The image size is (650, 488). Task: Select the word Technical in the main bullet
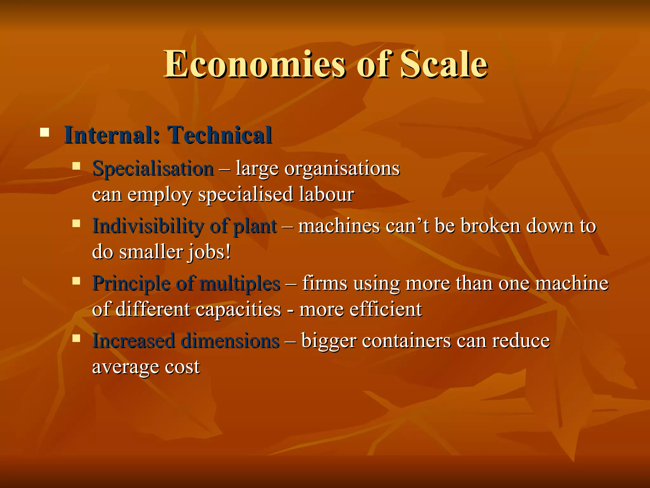pyautogui.click(x=219, y=135)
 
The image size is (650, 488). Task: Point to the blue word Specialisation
pyautogui.click(x=153, y=168)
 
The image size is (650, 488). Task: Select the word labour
pyautogui.click(x=327, y=194)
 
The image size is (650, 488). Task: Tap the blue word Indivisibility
pyautogui.click(x=148, y=226)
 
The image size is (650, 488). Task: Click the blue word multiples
pyautogui.click(x=240, y=283)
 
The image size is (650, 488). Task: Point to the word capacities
pyautogui.click(x=238, y=309)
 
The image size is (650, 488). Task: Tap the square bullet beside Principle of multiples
pyautogui.click(x=76, y=281)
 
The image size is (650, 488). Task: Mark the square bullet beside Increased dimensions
pyautogui.click(x=76, y=338)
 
